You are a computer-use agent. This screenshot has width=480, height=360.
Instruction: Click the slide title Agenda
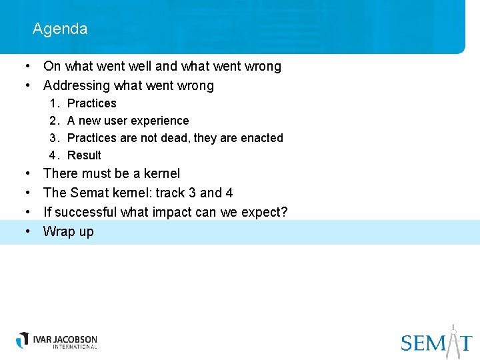point(59,29)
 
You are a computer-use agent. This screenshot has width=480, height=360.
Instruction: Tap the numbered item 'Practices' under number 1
point(91,103)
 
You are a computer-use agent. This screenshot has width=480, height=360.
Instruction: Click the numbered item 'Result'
point(84,155)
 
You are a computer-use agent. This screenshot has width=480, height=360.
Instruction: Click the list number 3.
point(53,138)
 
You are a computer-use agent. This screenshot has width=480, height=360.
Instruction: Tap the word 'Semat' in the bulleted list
point(87,193)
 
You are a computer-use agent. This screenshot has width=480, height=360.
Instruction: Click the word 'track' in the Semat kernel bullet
point(171,193)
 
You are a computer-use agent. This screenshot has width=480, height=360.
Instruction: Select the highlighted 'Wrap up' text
point(68,231)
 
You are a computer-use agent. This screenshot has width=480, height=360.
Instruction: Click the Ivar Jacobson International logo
point(57,341)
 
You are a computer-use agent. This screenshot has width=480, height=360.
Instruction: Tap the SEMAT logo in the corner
point(437,341)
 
